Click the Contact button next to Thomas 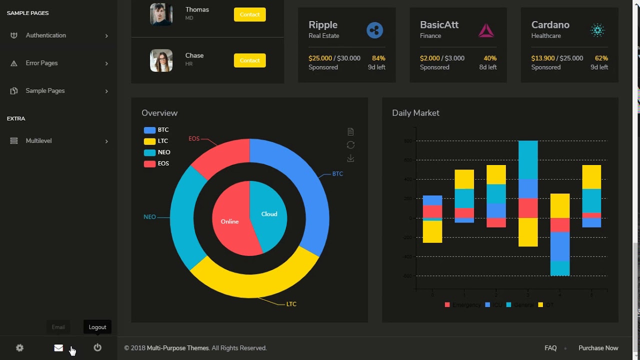[249, 14]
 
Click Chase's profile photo [161, 60]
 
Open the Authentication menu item [46, 35]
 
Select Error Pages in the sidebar [41, 63]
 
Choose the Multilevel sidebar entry [38, 141]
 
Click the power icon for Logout [97, 347]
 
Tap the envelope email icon [58, 348]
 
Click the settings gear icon [19, 348]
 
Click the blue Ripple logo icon [374, 30]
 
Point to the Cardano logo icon [597, 30]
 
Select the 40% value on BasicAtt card [490, 58]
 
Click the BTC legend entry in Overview [156, 130]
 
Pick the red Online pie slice [229, 221]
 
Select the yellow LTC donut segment [255, 282]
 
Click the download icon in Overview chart [350, 158]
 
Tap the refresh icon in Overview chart [350, 145]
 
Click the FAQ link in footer [550, 348]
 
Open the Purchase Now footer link [598, 348]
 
